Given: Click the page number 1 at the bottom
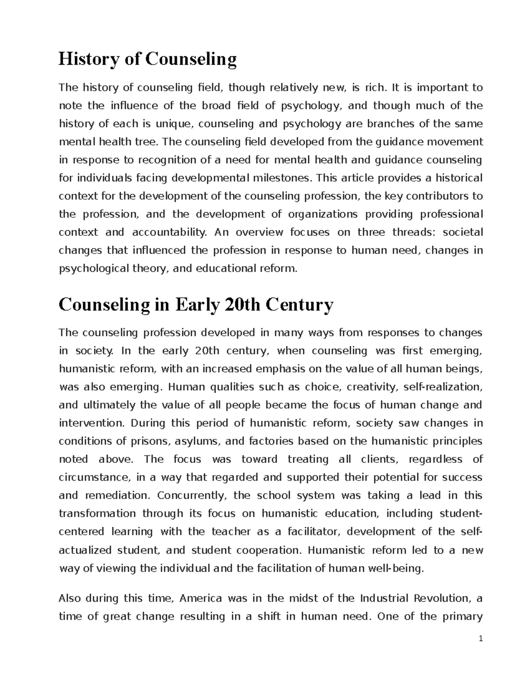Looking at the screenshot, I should pyautogui.click(x=481, y=652).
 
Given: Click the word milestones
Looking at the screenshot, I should pyautogui.click(x=272, y=178).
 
